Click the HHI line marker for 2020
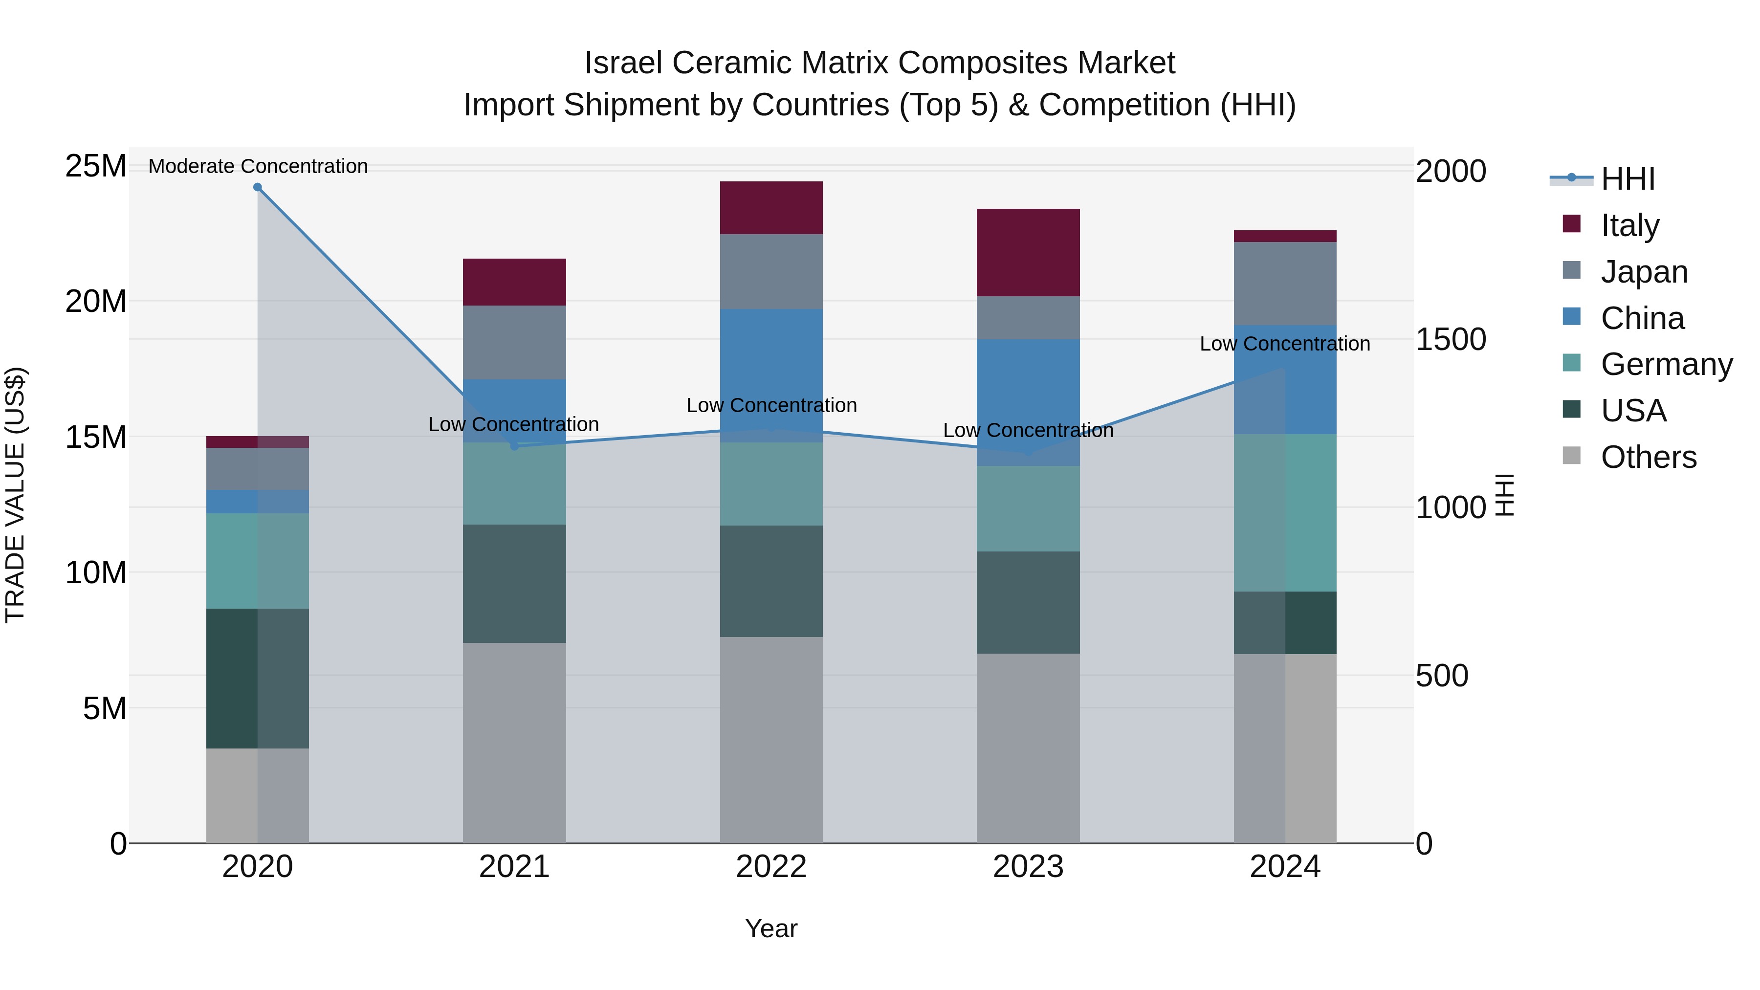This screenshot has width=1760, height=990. pos(258,187)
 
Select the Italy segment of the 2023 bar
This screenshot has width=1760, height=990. pos(1028,252)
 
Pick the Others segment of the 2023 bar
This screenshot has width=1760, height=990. pos(1028,748)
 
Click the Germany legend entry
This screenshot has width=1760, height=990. pos(1667,364)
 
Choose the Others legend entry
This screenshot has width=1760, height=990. pos(1648,457)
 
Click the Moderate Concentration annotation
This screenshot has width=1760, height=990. pos(258,166)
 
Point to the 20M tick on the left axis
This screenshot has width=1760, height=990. pos(96,301)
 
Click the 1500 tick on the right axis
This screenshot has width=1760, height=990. pos(1450,340)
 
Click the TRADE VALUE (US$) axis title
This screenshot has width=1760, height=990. pos(15,495)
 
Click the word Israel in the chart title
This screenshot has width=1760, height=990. pos(623,63)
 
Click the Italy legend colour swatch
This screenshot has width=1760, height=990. pos(1571,224)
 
